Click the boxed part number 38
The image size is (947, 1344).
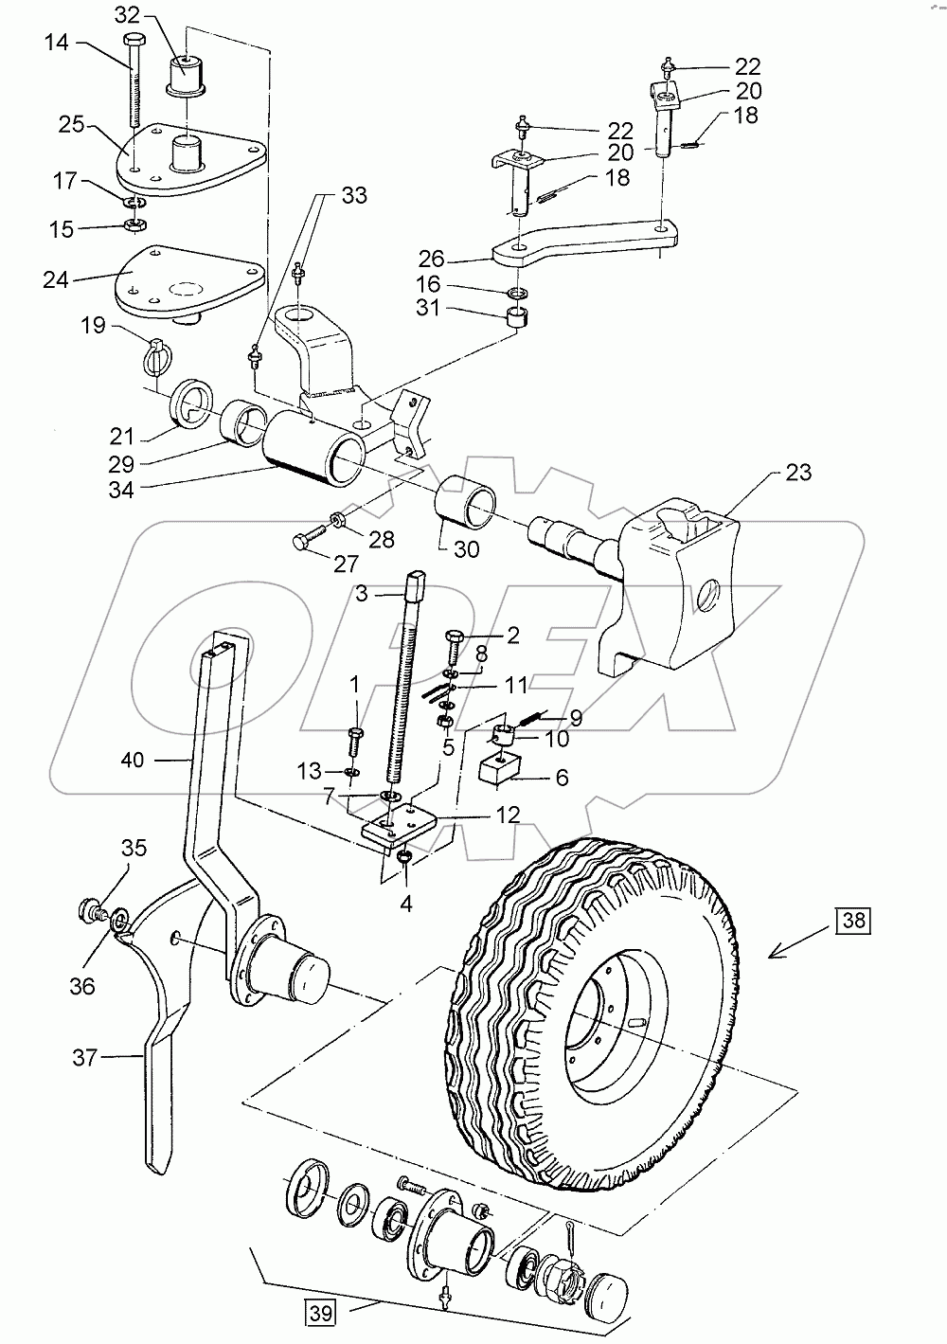coord(852,919)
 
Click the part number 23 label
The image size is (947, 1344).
coord(798,472)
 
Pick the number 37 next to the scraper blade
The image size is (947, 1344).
coord(85,1056)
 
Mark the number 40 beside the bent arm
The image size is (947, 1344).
coord(134,759)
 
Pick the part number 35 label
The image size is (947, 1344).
coord(134,848)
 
